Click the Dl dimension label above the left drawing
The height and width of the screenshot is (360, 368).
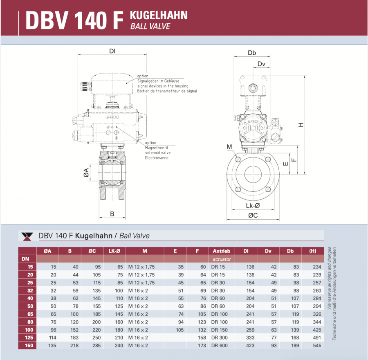[112, 51]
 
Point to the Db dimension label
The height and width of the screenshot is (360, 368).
[252, 53]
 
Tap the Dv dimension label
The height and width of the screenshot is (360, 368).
[261, 64]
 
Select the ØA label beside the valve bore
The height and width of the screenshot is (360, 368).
[86, 173]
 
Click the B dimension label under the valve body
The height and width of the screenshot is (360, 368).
[112, 214]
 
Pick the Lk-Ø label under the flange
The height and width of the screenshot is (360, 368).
[253, 205]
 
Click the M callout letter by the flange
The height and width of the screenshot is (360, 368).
[229, 147]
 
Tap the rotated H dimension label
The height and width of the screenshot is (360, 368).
[301, 125]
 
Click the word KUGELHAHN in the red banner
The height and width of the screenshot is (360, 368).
[159, 15]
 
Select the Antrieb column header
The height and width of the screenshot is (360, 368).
[221, 251]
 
